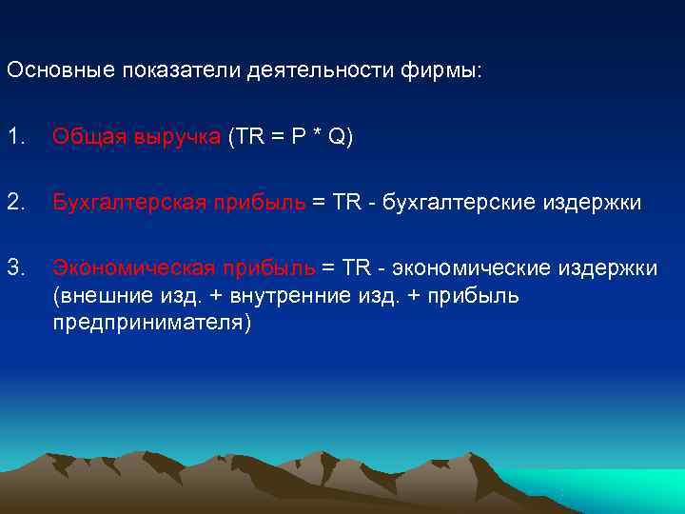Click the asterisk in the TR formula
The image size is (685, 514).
pyautogui.click(x=315, y=138)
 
